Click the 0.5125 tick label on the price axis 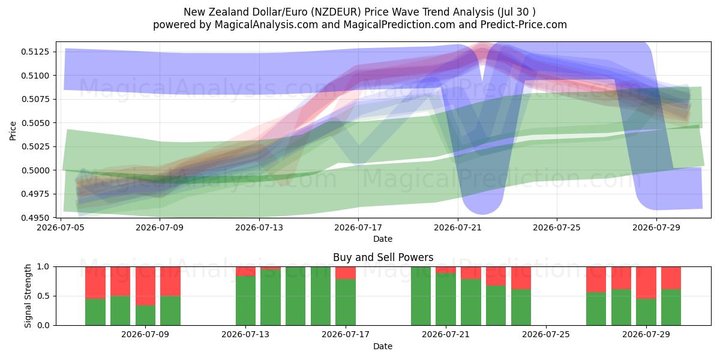35,52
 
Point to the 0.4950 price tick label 35,218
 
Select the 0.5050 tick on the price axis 35,123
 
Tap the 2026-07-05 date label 61,227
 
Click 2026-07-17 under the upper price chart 358,227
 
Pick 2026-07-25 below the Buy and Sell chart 546,334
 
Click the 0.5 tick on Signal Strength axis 44,296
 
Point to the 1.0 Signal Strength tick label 44,267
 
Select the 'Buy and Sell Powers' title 383,257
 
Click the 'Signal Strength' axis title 28,296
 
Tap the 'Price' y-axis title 13,131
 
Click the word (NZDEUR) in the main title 336,12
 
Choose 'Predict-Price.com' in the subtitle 524,25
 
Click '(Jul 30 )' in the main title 516,12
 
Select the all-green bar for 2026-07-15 295,296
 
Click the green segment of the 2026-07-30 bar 671,307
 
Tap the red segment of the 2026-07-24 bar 521,278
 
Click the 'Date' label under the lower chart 383,346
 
